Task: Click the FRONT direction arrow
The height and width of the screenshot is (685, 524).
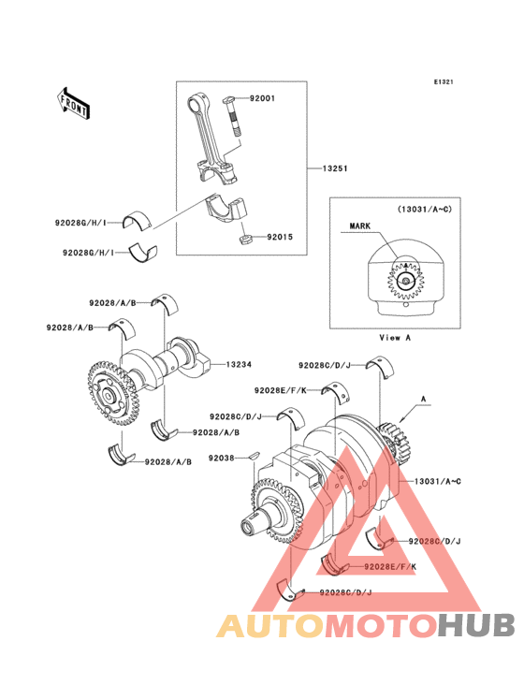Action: [x=73, y=104]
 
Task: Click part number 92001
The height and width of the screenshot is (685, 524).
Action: [x=262, y=98]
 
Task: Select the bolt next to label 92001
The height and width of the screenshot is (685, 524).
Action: [x=235, y=116]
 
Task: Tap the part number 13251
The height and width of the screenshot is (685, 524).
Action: [x=335, y=168]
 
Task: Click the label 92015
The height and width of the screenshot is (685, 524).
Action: [x=280, y=237]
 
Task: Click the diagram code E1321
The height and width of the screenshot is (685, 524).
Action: [x=444, y=81]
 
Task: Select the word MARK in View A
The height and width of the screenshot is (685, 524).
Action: [x=360, y=226]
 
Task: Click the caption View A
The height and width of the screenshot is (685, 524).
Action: [x=395, y=337]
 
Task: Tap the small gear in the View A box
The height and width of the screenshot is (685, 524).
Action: [x=406, y=282]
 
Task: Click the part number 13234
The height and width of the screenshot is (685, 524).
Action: [x=239, y=364]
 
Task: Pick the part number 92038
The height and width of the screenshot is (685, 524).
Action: [x=222, y=458]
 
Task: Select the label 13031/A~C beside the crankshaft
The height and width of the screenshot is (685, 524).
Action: [x=437, y=481]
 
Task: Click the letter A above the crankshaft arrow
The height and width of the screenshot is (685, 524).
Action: [x=423, y=399]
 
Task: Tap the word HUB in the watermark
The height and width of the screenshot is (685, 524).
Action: [x=476, y=625]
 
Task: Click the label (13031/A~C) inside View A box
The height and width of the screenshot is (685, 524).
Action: [x=425, y=210]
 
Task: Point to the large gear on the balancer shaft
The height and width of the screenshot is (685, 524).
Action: [x=112, y=393]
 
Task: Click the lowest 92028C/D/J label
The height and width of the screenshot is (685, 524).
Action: [x=345, y=592]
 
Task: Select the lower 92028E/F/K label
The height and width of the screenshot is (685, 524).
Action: [x=390, y=566]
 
